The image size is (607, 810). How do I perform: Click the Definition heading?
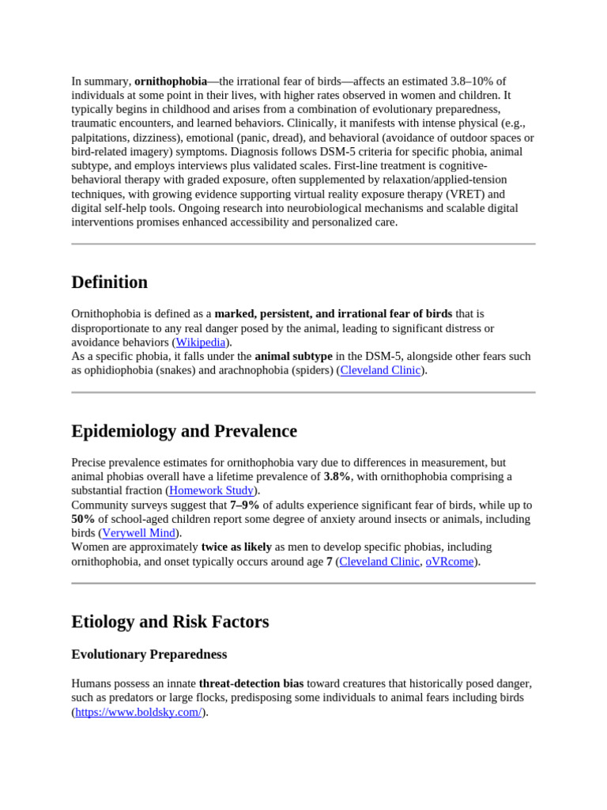coord(109,282)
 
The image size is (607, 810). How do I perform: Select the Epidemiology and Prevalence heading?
coord(184,431)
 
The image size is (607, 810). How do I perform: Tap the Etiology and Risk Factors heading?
coord(170,622)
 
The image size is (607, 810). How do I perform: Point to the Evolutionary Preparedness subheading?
coord(149,654)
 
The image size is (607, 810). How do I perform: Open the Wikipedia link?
coord(201,343)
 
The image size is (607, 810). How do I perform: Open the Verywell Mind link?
coord(138,533)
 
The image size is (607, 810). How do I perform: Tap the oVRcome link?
coord(449,562)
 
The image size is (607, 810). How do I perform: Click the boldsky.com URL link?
coord(138,712)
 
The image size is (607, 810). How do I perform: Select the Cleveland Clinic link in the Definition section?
coord(380,370)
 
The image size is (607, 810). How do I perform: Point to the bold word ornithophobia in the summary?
coord(171,81)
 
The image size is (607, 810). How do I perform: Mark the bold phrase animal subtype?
coord(293,357)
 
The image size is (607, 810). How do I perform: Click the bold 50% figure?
coord(83,519)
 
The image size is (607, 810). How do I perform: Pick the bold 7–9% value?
coord(245,505)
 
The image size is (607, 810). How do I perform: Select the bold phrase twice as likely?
coord(236,547)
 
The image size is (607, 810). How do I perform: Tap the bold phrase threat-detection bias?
coord(251,683)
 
